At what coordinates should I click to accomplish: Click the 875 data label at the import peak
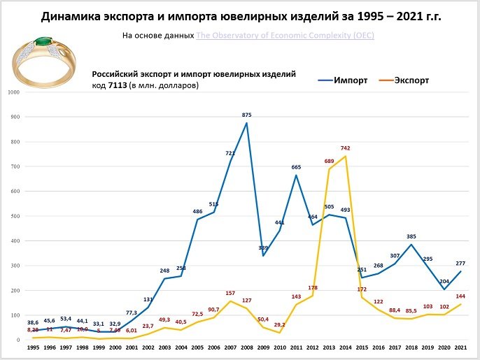[x=246, y=115]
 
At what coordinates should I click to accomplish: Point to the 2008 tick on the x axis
[x=246, y=347]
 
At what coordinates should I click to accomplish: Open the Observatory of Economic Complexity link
[x=284, y=34]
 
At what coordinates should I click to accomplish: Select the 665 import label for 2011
[x=296, y=167]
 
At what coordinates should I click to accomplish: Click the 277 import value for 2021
[x=460, y=263]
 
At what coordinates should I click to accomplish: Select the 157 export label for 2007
[x=230, y=293]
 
